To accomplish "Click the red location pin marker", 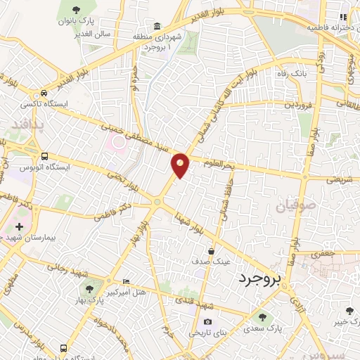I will (x=181, y=164).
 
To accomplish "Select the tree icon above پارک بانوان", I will (x=76, y=10).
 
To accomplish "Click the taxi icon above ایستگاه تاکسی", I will (x=45, y=93).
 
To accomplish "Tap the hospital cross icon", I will (x=19, y=227).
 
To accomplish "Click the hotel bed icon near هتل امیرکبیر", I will (x=126, y=281).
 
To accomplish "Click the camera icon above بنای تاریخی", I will (x=188, y=322).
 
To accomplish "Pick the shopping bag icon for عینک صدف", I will (x=211, y=251).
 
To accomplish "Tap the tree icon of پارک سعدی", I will (x=263, y=317).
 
